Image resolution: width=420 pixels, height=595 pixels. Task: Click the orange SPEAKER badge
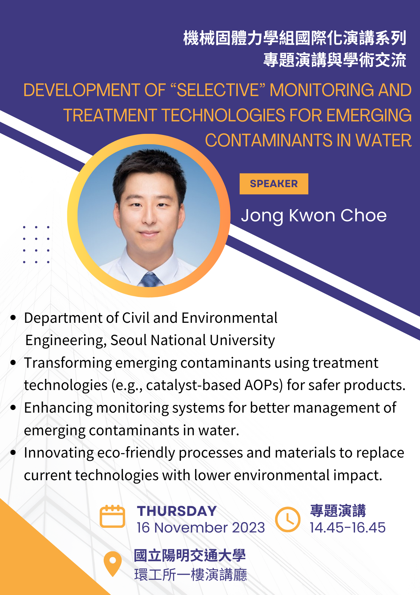(274, 184)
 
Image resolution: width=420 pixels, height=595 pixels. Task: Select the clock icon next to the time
(288, 519)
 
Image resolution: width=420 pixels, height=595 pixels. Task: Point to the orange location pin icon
(113, 563)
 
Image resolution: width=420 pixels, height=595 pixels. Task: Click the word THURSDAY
(177, 511)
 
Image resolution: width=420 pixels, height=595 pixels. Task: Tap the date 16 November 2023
(201, 528)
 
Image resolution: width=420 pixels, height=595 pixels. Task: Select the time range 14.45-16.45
(348, 528)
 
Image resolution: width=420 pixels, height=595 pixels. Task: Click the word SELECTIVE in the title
(218, 90)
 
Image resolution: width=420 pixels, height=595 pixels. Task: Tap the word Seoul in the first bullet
(129, 340)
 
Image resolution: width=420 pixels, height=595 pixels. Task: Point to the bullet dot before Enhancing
(13, 408)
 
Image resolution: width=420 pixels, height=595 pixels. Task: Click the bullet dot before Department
(13, 317)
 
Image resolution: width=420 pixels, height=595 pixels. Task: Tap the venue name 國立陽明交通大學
(190, 556)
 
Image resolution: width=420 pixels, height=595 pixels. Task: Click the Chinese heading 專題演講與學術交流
(335, 60)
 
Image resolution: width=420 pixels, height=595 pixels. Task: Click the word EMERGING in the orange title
(369, 115)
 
